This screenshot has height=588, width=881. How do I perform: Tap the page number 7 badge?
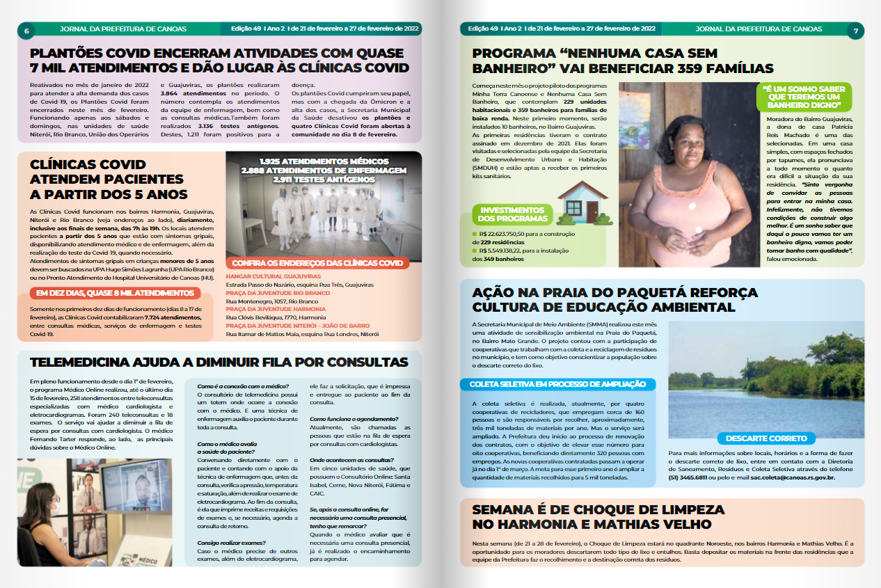click(855, 30)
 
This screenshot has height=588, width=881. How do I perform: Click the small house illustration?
click(582, 202)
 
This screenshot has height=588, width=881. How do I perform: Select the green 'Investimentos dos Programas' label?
click(512, 214)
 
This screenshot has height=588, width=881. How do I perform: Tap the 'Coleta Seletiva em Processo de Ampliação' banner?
click(557, 384)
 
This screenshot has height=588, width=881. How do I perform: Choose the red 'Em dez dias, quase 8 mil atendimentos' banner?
click(115, 294)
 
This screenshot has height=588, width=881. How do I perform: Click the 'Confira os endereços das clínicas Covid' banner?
click(317, 263)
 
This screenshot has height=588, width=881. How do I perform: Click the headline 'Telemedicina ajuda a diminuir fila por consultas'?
click(219, 362)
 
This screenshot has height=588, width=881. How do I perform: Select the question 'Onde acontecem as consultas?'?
click(351, 460)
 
